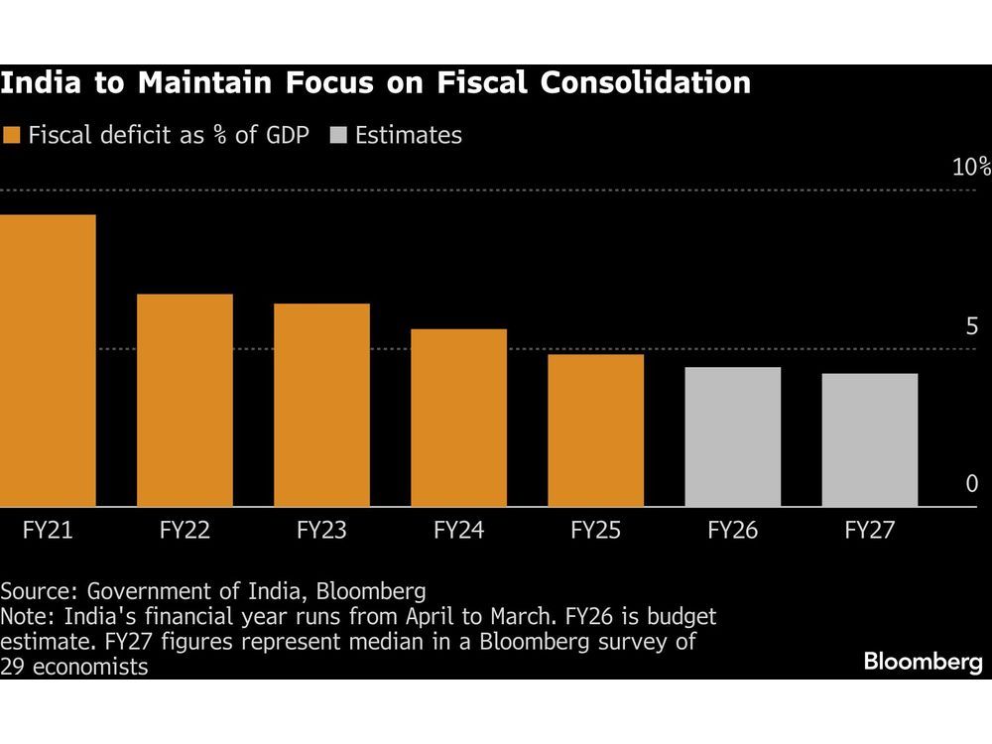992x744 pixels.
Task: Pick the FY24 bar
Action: (x=458, y=418)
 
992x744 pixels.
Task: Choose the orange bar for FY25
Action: (x=595, y=431)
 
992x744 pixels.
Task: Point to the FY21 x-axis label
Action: (x=48, y=531)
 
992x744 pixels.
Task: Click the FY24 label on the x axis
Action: (x=458, y=531)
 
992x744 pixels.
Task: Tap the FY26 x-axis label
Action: (x=732, y=531)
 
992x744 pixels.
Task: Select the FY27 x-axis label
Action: (x=869, y=531)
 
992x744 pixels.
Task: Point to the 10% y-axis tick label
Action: (x=970, y=167)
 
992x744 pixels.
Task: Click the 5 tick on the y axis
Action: (x=971, y=326)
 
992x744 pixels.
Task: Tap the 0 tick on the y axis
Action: (x=971, y=483)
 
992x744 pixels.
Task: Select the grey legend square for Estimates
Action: (x=337, y=136)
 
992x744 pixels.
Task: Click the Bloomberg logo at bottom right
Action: (x=923, y=662)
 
